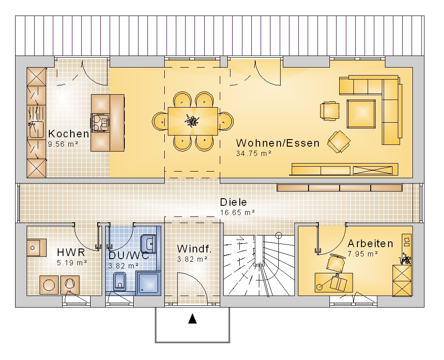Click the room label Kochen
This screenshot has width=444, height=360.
(x=68, y=133)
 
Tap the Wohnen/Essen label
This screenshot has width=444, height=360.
(x=278, y=143)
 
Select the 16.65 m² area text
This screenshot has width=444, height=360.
(x=237, y=212)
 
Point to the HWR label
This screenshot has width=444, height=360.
(x=71, y=252)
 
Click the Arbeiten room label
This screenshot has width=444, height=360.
(x=370, y=244)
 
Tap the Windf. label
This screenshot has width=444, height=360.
(x=194, y=249)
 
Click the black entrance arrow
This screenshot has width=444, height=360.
(x=193, y=319)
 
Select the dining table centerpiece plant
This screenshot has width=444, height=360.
(x=192, y=121)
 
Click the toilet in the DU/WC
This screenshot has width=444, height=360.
(x=120, y=282)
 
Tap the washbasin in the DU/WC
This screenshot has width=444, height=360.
(x=149, y=244)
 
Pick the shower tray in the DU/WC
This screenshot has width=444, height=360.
(x=148, y=283)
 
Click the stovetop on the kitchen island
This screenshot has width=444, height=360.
(x=100, y=123)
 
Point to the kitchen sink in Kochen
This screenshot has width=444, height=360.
(x=36, y=129)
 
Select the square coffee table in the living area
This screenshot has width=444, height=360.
(x=361, y=114)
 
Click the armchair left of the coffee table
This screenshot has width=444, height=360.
(x=330, y=110)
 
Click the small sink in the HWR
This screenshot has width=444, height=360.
(x=36, y=248)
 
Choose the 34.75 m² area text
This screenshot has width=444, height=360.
(x=254, y=153)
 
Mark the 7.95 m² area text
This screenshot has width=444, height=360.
(x=363, y=254)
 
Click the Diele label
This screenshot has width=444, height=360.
(x=234, y=202)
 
